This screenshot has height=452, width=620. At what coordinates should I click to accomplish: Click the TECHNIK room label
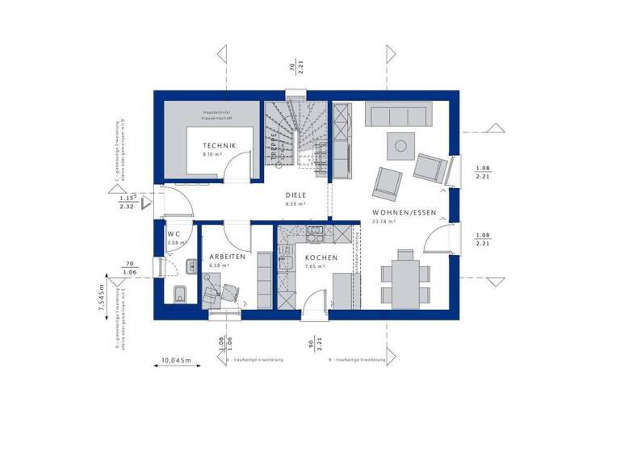pyautogui.click(x=219, y=144)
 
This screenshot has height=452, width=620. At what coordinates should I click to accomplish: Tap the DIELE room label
pyautogui.click(x=295, y=195)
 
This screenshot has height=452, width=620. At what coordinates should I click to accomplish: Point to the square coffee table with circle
pyautogui.click(x=399, y=147)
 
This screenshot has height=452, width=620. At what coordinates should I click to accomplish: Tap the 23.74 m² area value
pyautogui.click(x=382, y=220)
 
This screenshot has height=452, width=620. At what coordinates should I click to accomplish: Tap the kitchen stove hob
pyautogui.click(x=313, y=234)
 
